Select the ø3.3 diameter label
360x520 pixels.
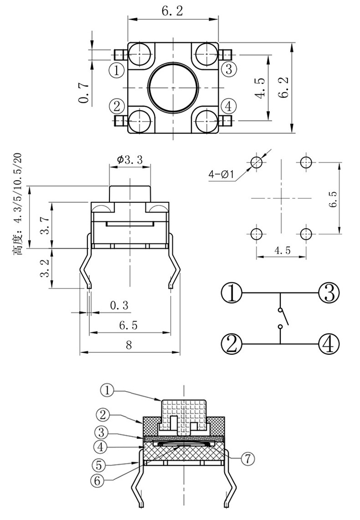130,159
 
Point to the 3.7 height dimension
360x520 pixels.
45,225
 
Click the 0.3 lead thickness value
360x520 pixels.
119,306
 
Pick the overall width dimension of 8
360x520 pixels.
129,345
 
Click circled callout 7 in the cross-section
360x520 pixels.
247,459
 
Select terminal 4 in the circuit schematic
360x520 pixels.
329,344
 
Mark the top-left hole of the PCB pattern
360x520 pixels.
257,162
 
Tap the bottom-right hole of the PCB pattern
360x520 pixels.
306,234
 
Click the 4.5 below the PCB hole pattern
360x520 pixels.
281,251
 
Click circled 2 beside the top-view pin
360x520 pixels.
117,107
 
